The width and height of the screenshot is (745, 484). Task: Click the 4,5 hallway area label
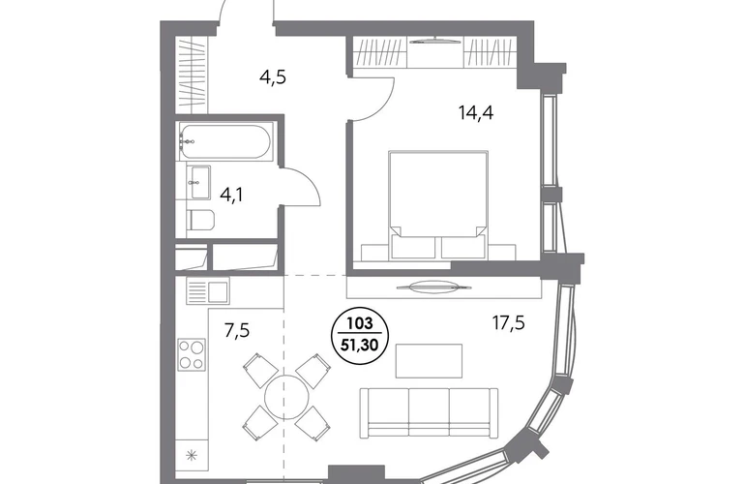pyautogui.click(x=273, y=77)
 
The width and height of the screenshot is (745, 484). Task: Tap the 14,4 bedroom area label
pyautogui.click(x=476, y=113)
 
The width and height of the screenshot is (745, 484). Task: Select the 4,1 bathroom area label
pyautogui.click(x=231, y=195)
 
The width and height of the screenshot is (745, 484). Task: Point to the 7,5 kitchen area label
pyautogui.click(x=237, y=329)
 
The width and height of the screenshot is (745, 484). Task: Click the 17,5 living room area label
pyautogui.click(x=508, y=323)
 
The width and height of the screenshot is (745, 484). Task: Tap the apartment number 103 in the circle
pyautogui.click(x=360, y=324)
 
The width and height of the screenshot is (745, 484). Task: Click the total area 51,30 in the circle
pyautogui.click(x=360, y=345)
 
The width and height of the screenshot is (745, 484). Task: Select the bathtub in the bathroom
pyautogui.click(x=224, y=141)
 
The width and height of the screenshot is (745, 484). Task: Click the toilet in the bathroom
pyautogui.click(x=201, y=221)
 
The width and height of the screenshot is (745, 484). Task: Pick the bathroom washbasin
pyautogui.click(x=199, y=181)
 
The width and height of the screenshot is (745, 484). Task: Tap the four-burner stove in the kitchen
pyautogui.click(x=192, y=354)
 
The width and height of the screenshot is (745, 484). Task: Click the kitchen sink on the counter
pyautogui.click(x=208, y=291)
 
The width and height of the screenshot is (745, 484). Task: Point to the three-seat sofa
pyautogui.click(x=429, y=412)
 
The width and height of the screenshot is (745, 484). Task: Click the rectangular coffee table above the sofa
pyautogui.click(x=429, y=361)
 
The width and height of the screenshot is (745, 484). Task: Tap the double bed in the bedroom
pyautogui.click(x=438, y=205)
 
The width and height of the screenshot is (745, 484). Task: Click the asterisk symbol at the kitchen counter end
pyautogui.click(x=192, y=456)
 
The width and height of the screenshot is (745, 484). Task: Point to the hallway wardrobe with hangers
pyautogui.click(x=193, y=73)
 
